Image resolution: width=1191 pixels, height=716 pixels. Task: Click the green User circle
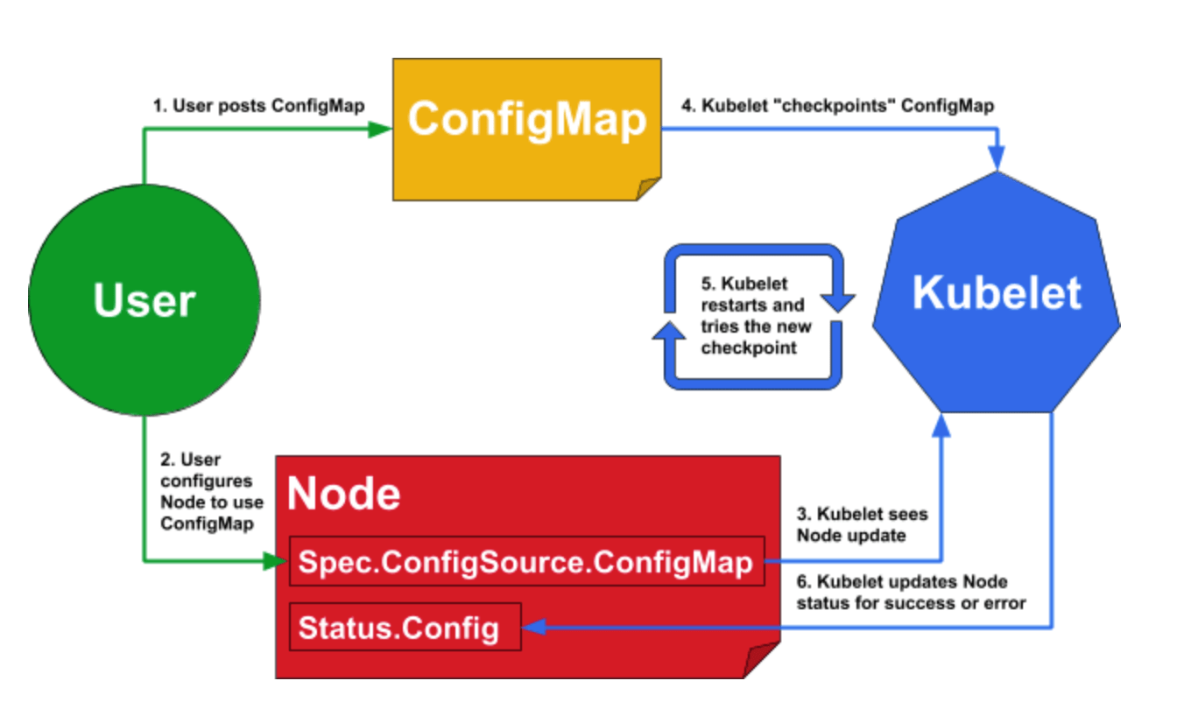(x=144, y=300)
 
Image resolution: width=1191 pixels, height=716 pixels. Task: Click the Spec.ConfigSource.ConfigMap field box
(x=525, y=562)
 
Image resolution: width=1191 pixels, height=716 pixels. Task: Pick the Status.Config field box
(x=405, y=627)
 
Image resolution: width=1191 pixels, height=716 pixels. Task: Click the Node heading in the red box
(x=344, y=495)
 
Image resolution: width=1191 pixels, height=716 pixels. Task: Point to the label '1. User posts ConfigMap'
(x=259, y=107)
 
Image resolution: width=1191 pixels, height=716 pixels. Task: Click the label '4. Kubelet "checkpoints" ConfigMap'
(x=837, y=107)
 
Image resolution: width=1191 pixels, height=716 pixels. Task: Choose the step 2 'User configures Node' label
(x=207, y=491)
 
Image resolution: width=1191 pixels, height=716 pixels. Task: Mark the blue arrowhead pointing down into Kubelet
(x=997, y=158)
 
